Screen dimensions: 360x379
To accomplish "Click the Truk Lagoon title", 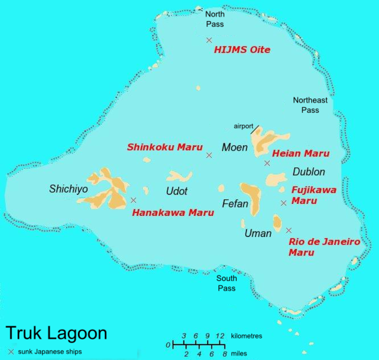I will click(x=56, y=334).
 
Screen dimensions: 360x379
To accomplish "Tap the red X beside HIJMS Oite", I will click(x=209, y=40).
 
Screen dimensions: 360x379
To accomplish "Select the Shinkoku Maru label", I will click(x=164, y=147).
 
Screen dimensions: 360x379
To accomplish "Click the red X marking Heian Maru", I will click(x=267, y=163).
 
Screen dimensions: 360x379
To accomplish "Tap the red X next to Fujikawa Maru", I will click(x=283, y=203).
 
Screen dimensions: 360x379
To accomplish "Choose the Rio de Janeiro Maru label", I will click(x=324, y=247).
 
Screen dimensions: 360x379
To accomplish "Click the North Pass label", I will click(x=215, y=19).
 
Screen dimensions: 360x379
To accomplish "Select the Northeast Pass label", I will click(x=310, y=106).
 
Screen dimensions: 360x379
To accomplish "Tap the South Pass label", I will click(x=227, y=283).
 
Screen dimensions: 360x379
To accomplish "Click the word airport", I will click(x=243, y=127).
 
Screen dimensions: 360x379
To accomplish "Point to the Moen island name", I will click(x=234, y=147).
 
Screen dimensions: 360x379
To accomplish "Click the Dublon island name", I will click(x=309, y=172).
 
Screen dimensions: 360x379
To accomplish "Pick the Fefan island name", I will click(x=234, y=203).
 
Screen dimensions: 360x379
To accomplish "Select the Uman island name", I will click(x=258, y=233).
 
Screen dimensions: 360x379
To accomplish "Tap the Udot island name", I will click(x=176, y=191).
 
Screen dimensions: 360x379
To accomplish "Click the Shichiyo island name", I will click(x=68, y=189).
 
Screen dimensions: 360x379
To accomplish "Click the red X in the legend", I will click(x=11, y=352).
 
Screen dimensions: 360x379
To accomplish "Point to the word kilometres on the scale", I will click(x=246, y=336).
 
